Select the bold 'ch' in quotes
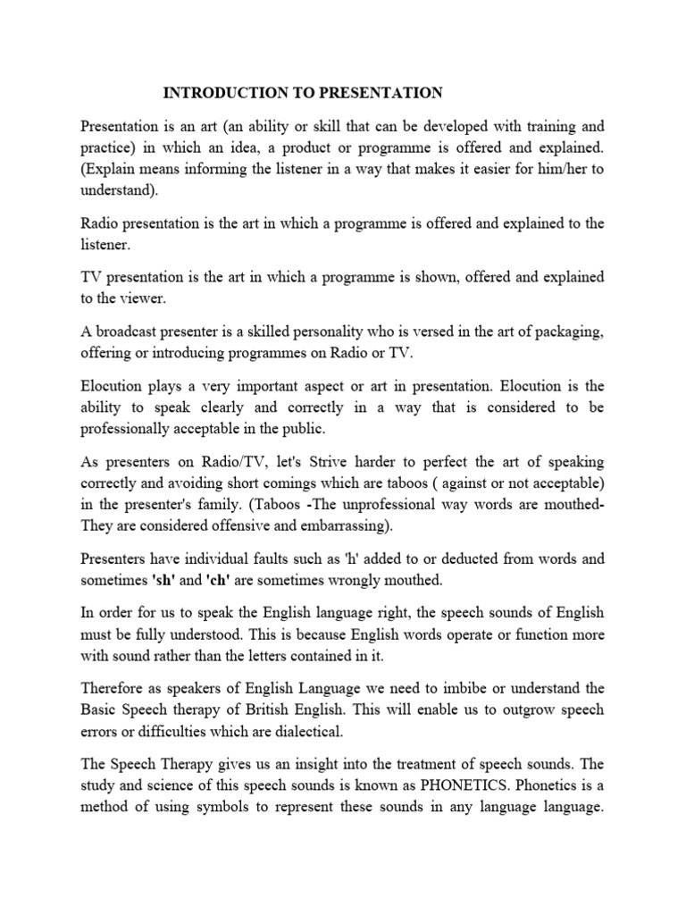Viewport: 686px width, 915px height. click(220, 581)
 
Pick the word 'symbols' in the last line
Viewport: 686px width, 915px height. click(253, 806)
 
